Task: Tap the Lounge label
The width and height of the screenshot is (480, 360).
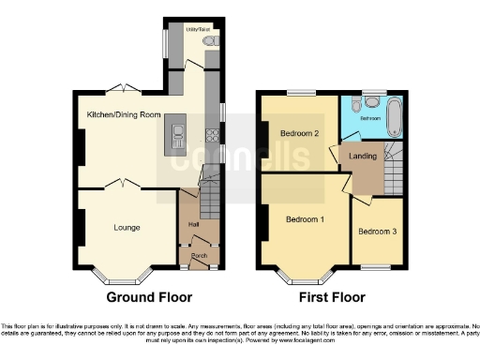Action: tap(127, 226)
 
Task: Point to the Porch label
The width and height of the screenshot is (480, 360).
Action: tap(199, 255)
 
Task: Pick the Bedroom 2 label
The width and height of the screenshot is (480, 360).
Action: tap(300, 134)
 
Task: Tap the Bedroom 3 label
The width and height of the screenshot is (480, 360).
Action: tap(377, 232)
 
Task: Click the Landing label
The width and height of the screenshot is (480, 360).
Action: tap(363, 156)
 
